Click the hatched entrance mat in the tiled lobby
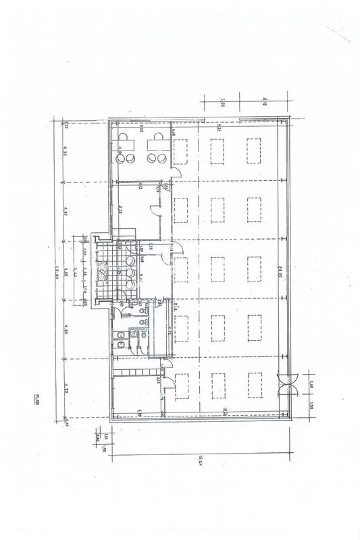point(104,271)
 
